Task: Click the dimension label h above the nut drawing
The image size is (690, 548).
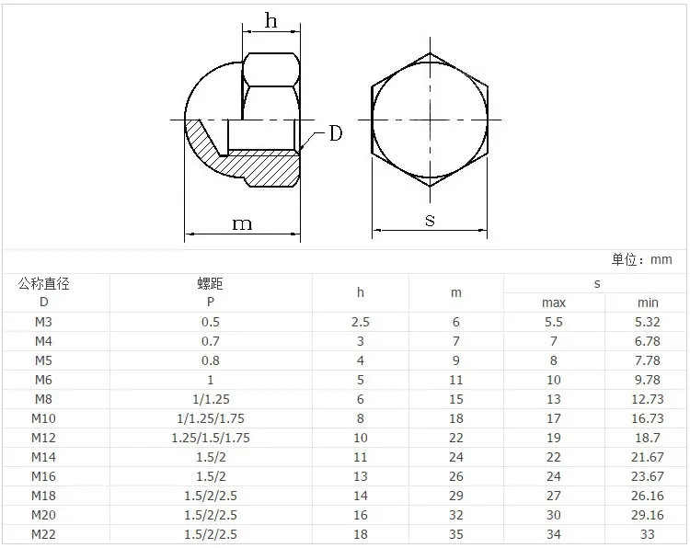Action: click(270, 21)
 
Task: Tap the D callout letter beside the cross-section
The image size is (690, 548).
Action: click(335, 134)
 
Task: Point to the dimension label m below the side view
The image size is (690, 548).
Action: click(242, 223)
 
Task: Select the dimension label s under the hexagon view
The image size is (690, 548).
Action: click(430, 219)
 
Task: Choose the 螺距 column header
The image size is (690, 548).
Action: click(210, 284)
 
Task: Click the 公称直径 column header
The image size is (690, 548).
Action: click(44, 284)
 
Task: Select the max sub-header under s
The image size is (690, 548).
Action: click(553, 303)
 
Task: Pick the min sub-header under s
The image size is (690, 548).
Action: click(648, 303)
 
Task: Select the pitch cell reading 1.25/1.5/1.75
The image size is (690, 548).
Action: click(210, 438)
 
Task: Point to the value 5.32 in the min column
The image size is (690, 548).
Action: click(648, 322)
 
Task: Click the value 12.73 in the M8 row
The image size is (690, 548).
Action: click(648, 399)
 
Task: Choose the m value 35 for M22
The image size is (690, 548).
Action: click(456, 534)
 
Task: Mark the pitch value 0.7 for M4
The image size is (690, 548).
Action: click(210, 341)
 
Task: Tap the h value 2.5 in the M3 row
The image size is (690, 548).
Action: click(361, 322)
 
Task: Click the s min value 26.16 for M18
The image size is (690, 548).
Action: click(648, 496)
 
